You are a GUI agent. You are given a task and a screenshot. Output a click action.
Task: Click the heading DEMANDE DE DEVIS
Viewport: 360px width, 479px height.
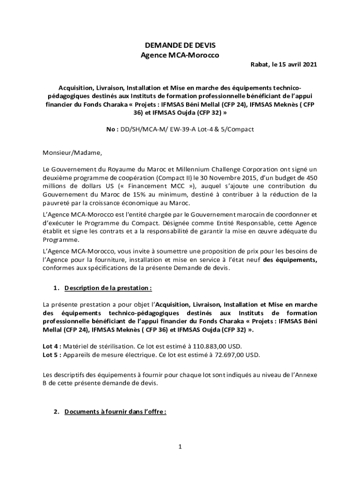tap(180, 45)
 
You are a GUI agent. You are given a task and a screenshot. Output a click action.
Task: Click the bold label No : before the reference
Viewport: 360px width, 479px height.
tap(112, 129)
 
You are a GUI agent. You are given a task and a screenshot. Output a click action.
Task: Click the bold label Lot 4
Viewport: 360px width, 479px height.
tap(50, 347)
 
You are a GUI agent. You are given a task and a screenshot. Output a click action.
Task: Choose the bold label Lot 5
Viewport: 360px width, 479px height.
tap(50, 355)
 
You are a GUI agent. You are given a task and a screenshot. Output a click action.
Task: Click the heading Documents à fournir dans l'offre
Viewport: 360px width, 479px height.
tap(115, 412)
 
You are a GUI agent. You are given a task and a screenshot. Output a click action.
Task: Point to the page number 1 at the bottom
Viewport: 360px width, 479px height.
tap(180, 447)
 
